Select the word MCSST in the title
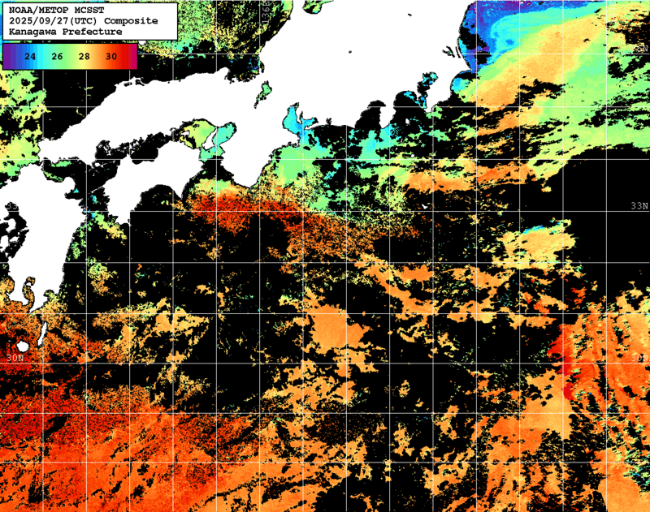88,10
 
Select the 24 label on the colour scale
30,57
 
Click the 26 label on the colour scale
57,57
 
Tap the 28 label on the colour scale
84,57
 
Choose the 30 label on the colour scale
110,57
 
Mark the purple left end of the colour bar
7,57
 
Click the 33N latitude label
639,207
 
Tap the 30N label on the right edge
639,357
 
